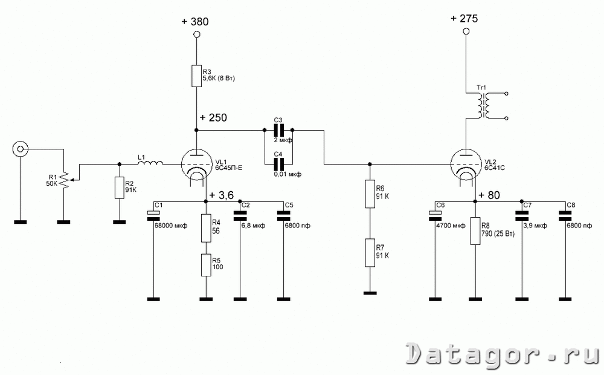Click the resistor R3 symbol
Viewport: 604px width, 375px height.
(196, 76)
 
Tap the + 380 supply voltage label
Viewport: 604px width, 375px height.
(195, 22)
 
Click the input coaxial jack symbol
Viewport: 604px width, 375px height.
(20, 149)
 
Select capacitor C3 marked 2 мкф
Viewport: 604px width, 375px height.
(278, 130)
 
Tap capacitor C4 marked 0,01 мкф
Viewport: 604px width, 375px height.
(278, 165)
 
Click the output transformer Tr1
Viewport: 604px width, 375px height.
(483, 105)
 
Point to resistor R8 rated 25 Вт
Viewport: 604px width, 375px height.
(475, 230)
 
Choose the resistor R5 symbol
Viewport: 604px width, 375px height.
(206, 265)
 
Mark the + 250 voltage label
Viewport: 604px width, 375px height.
(213, 118)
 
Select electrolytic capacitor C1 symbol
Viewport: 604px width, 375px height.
(153, 216)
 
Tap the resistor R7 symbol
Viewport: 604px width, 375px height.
(370, 253)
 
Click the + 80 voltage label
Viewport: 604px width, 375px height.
(489, 195)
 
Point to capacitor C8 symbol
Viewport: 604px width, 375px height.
(565, 216)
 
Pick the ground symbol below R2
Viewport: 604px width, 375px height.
(120, 222)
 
